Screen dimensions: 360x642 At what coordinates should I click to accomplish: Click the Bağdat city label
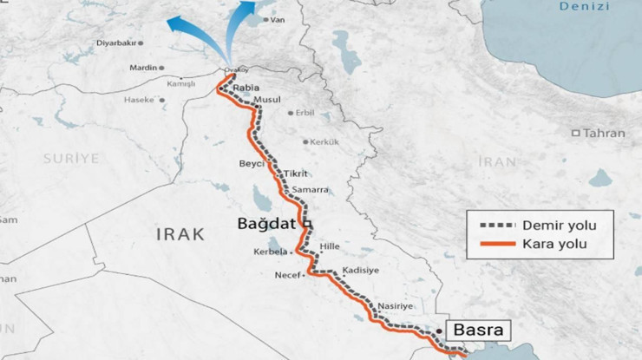click(x=270, y=224)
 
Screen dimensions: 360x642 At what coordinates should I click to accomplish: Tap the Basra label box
click(x=477, y=330)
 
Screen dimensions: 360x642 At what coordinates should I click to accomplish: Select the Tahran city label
click(x=604, y=133)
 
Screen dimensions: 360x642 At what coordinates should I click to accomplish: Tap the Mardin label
click(x=142, y=68)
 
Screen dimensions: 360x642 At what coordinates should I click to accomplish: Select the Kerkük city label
click(x=324, y=141)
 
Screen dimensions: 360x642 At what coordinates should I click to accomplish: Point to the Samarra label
click(x=311, y=189)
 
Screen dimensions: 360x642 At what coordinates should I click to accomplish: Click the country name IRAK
click(x=180, y=234)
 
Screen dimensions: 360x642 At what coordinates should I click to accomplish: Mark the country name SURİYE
click(x=71, y=158)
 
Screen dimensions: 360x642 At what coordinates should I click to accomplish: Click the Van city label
click(x=277, y=19)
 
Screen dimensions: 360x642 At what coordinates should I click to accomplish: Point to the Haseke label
click(x=138, y=100)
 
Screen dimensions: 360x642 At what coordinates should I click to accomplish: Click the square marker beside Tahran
click(x=575, y=133)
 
